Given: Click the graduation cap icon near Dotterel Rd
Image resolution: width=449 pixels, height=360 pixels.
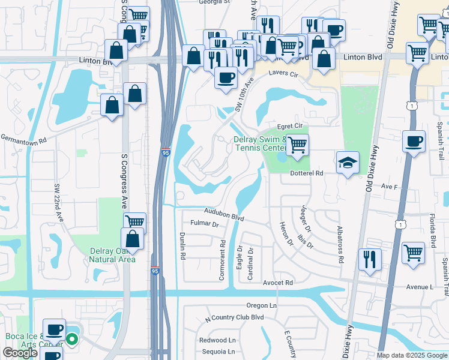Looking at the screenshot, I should pos(348,163).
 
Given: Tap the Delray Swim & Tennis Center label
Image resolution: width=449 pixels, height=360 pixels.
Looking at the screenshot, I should pos(260,144).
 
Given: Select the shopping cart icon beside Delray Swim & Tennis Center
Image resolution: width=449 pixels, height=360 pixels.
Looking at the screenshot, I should pos(297,145).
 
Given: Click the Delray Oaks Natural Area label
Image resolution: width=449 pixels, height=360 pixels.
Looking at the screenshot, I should pos(112,254).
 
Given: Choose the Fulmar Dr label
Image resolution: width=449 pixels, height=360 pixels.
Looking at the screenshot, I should pos(203,224).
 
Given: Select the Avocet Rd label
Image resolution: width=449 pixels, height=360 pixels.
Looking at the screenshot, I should pos(280,283).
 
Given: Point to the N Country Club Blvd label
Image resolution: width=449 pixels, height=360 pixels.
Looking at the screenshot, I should pos(235,317).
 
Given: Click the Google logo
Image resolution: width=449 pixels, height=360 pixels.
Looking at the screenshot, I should pos(20,353).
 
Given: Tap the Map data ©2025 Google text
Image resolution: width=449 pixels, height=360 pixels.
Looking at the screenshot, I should pos(412,355).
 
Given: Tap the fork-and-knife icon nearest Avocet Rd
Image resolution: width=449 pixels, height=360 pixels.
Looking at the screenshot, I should pos(369,259).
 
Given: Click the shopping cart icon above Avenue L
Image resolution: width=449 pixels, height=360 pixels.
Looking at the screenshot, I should pos(414,253).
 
